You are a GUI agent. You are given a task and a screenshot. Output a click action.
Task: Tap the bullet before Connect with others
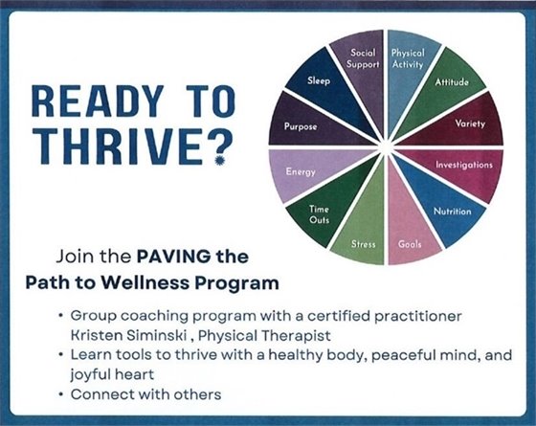[62, 394]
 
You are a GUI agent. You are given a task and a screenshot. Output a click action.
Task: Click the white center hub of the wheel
[385, 146]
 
